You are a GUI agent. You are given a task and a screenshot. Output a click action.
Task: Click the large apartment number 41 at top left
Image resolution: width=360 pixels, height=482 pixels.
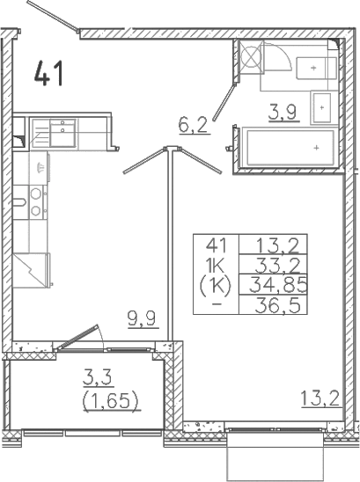[48, 73]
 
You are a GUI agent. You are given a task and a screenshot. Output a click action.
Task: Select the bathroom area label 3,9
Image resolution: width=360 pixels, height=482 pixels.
[282, 111]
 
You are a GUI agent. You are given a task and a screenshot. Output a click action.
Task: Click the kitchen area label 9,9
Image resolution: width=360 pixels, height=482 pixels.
[142, 318]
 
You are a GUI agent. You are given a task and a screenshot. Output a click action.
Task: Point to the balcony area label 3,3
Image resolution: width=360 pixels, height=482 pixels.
[98, 379]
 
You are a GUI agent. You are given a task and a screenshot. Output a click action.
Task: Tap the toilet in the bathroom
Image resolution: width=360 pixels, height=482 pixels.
[311, 69]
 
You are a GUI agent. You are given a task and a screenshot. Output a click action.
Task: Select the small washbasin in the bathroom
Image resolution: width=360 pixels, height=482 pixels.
[320, 106]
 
